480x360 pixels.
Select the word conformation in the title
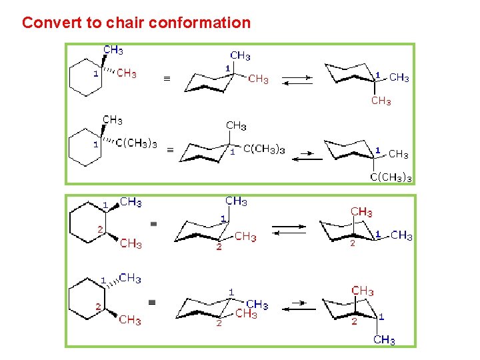tap(199, 23)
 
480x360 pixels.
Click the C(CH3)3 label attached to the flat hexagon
tap(137, 143)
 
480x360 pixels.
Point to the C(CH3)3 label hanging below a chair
tap(391, 177)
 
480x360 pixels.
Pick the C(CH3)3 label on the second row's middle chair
tap(264, 149)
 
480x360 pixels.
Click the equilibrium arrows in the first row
tap(297, 79)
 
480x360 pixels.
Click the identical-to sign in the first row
tap(167, 79)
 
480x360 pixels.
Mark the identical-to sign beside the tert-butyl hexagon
tap(169, 151)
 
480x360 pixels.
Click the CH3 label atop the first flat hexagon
tap(113, 50)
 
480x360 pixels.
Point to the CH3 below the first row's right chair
tap(381, 101)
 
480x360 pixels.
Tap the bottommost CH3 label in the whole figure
tap(384, 340)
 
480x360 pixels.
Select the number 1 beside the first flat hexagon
tap(95, 73)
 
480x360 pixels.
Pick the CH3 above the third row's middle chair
tap(236, 201)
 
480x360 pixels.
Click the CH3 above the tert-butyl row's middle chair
tap(236, 125)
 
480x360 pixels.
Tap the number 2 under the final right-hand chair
tap(355, 321)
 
